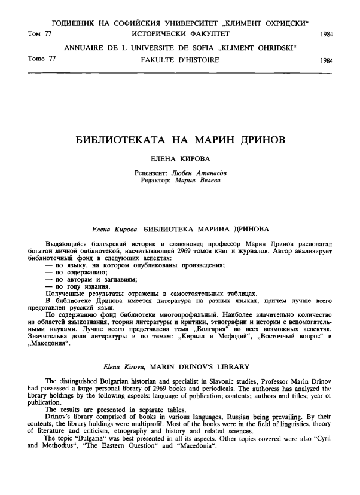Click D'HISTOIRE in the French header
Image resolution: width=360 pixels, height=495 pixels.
[x=199, y=60]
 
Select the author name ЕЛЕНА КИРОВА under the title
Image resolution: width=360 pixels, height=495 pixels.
[x=180, y=161]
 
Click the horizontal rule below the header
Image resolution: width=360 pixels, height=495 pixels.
[x=180, y=73]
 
